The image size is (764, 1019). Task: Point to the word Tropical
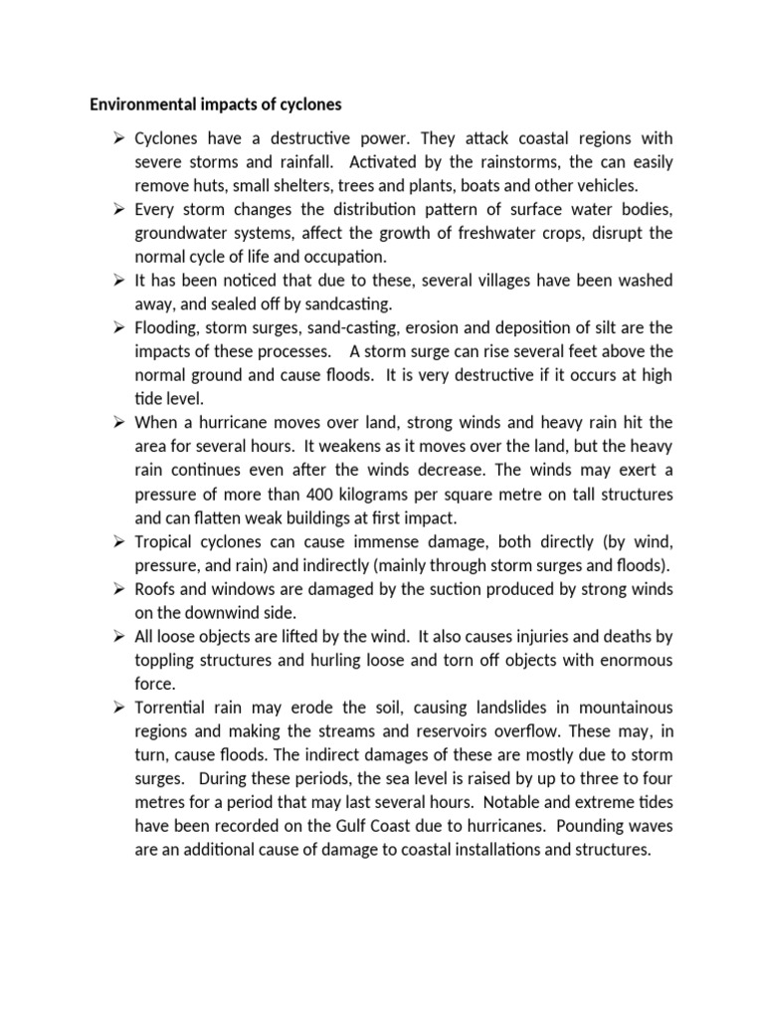point(163,542)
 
